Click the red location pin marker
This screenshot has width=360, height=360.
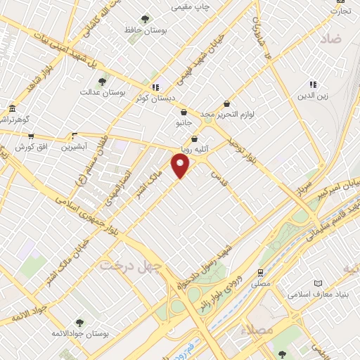click(181, 166)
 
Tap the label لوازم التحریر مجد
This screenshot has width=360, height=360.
click(243, 114)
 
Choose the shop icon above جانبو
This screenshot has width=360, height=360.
click(184, 112)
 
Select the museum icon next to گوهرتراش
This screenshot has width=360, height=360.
click(12, 108)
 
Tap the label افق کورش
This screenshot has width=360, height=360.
click(25, 146)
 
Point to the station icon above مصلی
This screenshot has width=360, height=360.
click(261, 272)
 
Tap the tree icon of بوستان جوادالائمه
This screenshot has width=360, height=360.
click(78, 323)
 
